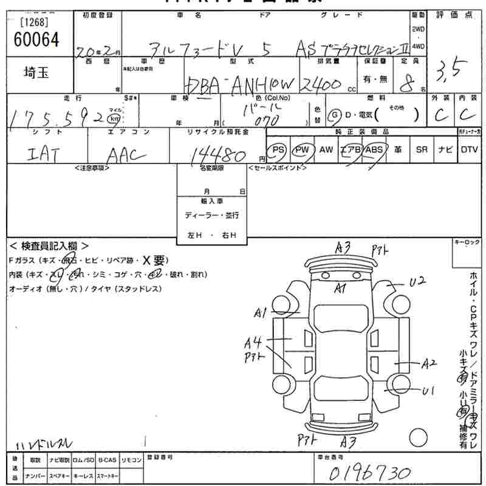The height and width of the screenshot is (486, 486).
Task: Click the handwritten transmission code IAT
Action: [43, 156]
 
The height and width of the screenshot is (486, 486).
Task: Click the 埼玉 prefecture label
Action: [37, 74]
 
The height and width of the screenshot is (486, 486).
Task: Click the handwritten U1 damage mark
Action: [428, 391]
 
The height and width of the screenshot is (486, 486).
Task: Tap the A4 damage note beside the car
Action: [253, 342]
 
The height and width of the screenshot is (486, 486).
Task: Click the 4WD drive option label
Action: [418, 46]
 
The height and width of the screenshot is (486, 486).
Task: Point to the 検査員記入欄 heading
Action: [49, 246]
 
